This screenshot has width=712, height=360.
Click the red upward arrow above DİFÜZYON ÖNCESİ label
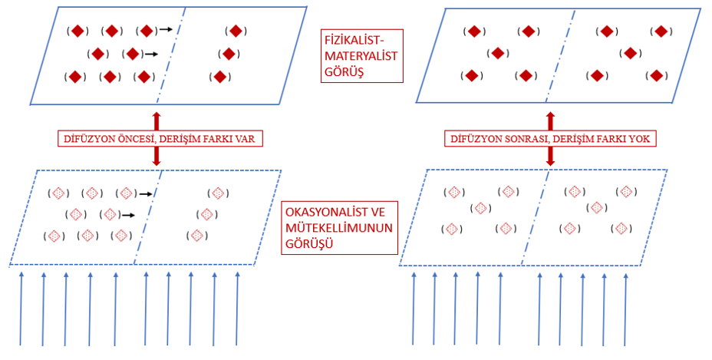(157, 121)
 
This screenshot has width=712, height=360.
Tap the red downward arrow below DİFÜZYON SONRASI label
(550, 157)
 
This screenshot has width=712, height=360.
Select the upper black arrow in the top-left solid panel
(165, 31)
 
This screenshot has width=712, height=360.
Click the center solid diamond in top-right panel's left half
(498, 53)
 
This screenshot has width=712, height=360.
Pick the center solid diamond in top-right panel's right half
(631, 53)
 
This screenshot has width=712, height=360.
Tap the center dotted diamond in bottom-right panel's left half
(480, 208)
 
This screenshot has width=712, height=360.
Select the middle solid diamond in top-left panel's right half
(227, 54)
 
